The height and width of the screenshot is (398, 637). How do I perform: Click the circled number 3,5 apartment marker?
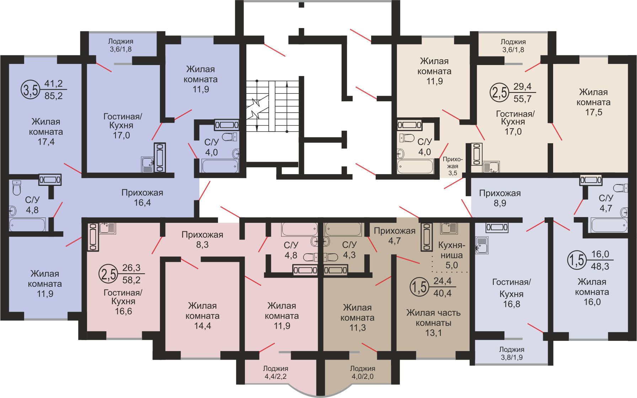coord(31,90)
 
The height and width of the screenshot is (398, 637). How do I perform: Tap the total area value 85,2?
coord(53,96)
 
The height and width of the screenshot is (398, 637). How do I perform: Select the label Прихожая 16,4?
coord(142,198)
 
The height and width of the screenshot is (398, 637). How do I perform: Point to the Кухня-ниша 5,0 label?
coord(451,255)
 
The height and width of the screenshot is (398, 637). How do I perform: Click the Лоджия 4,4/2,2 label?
coord(275,372)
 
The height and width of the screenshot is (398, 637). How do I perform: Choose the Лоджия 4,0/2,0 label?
coord(363,372)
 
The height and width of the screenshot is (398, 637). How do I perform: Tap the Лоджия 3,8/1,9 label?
coord(512,353)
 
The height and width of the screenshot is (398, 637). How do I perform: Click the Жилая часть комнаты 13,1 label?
coord(433,323)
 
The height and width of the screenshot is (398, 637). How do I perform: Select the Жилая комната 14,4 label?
coord(202,316)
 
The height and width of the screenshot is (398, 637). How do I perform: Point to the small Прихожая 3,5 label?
coord(453,166)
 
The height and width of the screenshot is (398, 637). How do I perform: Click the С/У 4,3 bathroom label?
coord(349,250)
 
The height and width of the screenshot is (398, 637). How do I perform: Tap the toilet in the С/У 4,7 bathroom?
coord(620,188)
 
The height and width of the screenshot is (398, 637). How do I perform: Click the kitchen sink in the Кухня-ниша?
coord(449,228)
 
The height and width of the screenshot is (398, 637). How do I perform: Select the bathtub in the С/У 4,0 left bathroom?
coord(220,166)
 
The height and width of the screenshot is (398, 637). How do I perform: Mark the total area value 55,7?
coord(523,99)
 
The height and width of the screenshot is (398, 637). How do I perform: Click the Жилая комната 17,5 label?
coord(593,102)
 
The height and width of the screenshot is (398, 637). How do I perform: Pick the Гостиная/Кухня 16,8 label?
coord(512,293)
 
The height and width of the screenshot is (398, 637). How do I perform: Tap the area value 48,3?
coord(600,266)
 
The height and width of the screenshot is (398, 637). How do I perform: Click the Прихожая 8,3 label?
coord(202,240)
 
